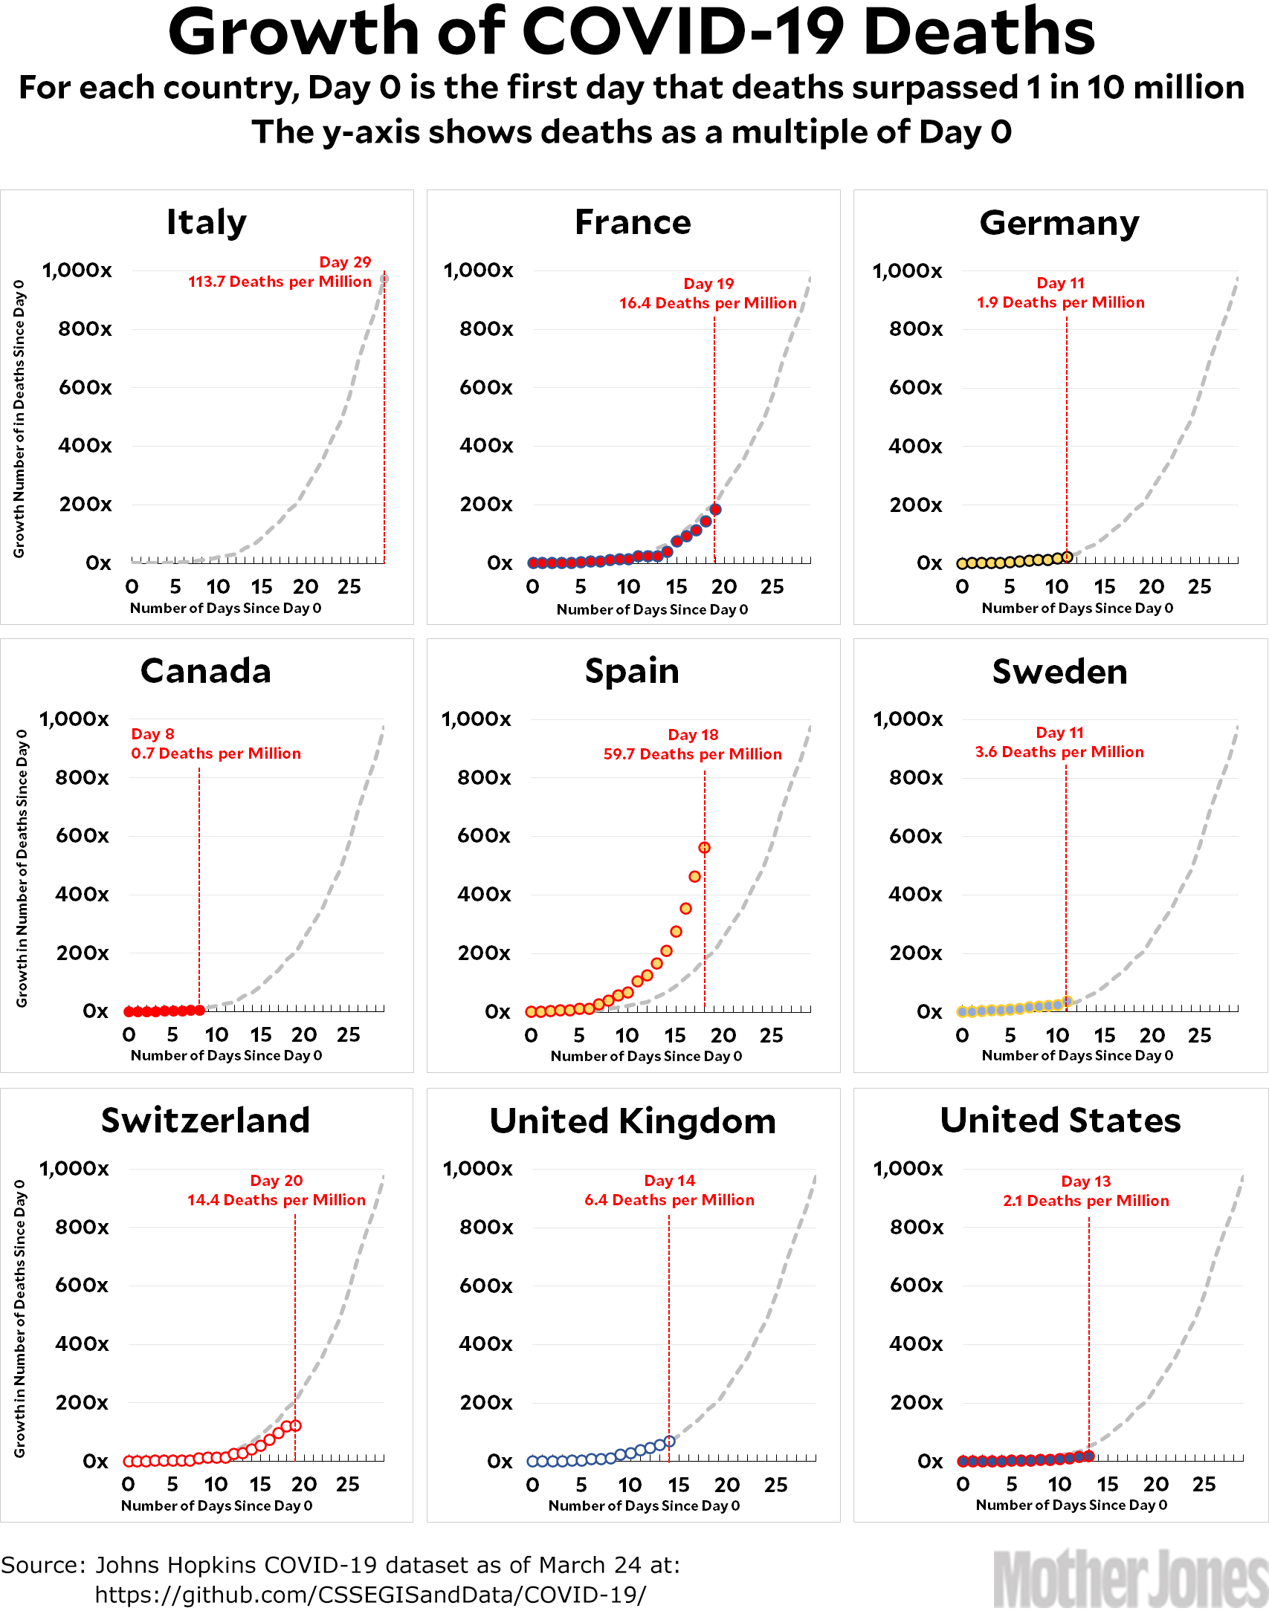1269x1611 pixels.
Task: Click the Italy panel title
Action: click(x=206, y=222)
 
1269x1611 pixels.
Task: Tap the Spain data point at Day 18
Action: click(x=704, y=847)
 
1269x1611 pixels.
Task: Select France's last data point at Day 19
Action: click(x=715, y=509)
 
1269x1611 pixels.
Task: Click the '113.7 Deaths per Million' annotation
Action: click(x=280, y=282)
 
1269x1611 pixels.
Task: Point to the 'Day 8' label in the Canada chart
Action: click(x=152, y=734)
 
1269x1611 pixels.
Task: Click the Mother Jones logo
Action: click(x=1130, y=1578)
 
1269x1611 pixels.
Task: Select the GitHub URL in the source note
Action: click(x=370, y=1595)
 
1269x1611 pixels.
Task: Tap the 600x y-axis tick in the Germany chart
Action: click(x=915, y=387)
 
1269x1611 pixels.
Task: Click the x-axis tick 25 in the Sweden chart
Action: click(x=1199, y=1035)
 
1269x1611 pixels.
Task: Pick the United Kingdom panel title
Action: click(x=633, y=1121)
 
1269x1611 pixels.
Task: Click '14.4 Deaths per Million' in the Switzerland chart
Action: click(x=276, y=1200)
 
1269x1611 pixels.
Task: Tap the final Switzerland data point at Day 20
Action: click(x=295, y=1425)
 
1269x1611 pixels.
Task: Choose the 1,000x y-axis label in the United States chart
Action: click(x=908, y=1169)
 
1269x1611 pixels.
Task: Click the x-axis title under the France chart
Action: click(x=652, y=609)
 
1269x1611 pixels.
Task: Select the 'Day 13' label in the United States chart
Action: click(x=1085, y=1181)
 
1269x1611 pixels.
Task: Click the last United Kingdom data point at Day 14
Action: click(x=669, y=1441)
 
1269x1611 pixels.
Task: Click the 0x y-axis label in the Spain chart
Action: click(x=497, y=1011)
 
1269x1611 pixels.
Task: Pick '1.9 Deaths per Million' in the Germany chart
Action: click(x=1060, y=302)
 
